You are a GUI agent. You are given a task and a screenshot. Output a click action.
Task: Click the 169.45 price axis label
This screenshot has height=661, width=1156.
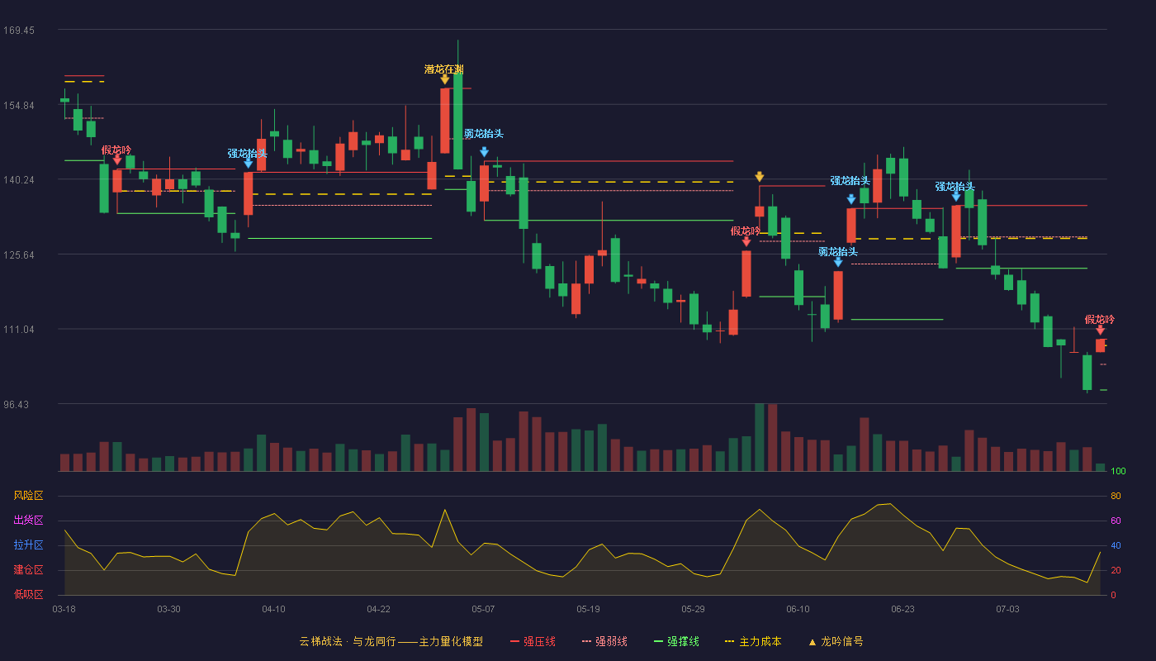19,31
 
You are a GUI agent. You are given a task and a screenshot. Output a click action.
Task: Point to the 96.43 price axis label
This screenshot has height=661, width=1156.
16,404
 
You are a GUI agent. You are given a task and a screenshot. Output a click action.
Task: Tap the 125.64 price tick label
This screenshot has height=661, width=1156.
19,255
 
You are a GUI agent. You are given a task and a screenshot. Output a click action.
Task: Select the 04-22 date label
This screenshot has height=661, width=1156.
378,610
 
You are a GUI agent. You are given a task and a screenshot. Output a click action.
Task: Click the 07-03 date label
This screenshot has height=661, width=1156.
1007,610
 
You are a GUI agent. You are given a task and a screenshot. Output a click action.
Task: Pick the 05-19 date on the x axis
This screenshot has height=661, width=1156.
588,610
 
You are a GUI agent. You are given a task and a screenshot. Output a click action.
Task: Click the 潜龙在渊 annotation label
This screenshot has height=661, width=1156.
444,69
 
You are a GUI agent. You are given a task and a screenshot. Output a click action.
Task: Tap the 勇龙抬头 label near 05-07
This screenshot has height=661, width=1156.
484,134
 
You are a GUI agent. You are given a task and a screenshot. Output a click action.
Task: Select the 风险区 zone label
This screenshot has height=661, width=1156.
28,496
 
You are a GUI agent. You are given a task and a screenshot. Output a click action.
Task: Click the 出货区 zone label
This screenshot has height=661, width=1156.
28,520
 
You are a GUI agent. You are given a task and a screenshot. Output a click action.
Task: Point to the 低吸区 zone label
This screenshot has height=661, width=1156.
28,594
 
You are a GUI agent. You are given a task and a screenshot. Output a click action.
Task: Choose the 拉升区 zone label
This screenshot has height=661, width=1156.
28,544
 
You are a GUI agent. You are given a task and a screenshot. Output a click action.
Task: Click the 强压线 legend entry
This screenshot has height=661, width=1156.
533,641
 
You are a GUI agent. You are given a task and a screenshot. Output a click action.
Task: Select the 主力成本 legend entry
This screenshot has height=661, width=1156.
753,641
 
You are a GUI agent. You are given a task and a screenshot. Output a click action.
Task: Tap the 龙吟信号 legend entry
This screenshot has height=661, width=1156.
836,641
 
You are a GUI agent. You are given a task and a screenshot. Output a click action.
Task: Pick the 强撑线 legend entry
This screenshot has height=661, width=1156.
676,641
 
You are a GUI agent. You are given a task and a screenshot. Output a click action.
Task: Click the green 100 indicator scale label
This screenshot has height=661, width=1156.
1118,471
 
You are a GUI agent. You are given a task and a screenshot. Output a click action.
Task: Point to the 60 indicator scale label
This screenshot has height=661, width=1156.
1116,521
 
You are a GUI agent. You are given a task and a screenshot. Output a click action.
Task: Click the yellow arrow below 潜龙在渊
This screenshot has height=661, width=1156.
445,79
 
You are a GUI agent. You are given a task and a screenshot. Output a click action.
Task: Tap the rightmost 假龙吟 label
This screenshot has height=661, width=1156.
1099,320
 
